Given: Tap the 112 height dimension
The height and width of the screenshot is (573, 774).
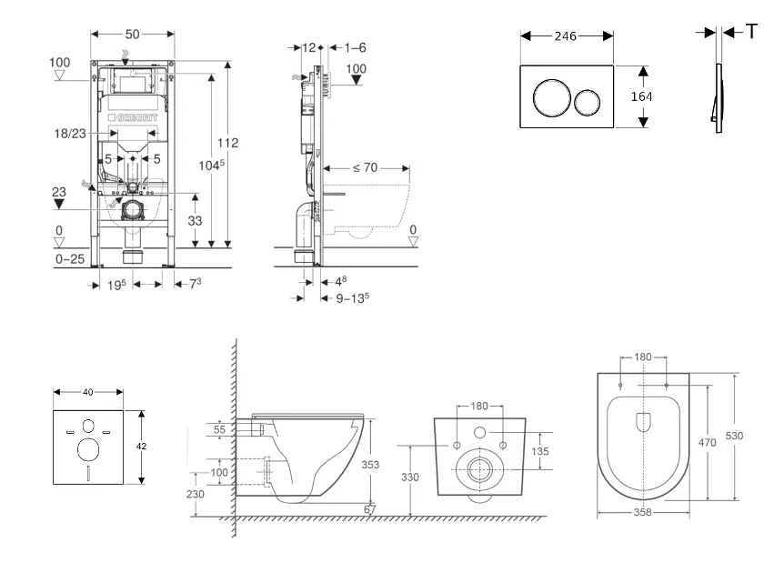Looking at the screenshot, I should pyautogui.click(x=228, y=142).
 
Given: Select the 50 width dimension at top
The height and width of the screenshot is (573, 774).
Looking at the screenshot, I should pyautogui.click(x=132, y=34).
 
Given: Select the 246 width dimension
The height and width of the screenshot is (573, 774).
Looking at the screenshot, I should pyautogui.click(x=567, y=36).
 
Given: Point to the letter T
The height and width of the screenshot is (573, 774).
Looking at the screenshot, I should pyautogui.click(x=751, y=32).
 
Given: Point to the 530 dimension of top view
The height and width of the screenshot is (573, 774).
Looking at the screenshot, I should pyautogui.click(x=734, y=436).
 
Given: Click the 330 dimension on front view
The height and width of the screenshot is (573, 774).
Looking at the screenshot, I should pyautogui.click(x=411, y=476).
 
